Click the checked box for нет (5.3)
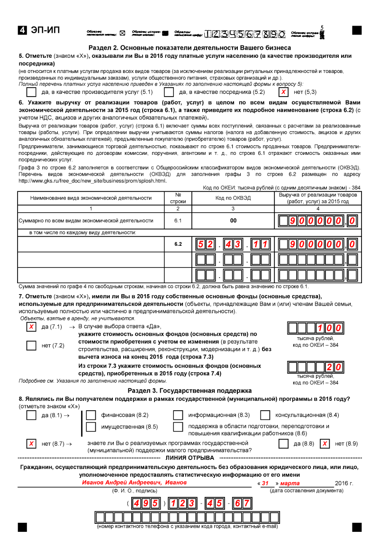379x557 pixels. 283,92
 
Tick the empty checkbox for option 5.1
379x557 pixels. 32,92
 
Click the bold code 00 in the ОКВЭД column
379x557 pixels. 233,220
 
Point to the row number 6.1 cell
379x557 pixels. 178,220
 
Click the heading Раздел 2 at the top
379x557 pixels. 189,48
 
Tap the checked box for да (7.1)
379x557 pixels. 31,327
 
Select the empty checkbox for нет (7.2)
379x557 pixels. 31,345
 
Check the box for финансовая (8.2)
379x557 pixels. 91,415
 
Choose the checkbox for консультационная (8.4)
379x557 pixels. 265,415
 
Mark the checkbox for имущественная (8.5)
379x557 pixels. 91,427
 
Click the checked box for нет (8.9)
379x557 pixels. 325,444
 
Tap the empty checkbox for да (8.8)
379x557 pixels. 284,444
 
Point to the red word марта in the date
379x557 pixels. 290,483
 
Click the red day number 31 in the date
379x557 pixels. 265,483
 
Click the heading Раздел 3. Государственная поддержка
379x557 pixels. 189,391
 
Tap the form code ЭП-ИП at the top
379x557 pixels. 45,31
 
